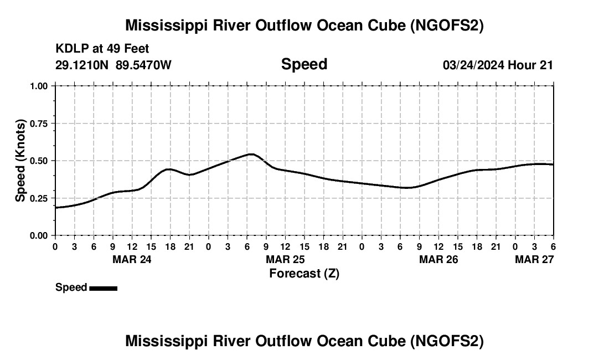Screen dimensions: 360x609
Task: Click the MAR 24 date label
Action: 132,259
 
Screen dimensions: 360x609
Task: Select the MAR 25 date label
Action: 285,259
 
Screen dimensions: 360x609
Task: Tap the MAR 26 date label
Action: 438,259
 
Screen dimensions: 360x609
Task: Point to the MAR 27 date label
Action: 534,259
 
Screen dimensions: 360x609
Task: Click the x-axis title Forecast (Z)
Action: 304,274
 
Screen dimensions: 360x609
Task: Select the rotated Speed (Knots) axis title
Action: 20,160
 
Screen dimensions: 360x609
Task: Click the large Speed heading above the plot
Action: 304,64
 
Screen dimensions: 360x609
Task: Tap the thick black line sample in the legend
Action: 103,288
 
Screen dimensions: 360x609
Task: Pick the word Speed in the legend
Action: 71,287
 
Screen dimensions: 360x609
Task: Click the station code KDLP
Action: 69,49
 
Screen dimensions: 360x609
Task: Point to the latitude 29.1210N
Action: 82,65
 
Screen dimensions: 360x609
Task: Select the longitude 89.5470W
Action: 143,65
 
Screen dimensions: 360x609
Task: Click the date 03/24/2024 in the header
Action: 473,65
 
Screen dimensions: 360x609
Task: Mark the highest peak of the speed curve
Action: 251,154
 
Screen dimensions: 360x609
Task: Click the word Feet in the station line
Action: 136,49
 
